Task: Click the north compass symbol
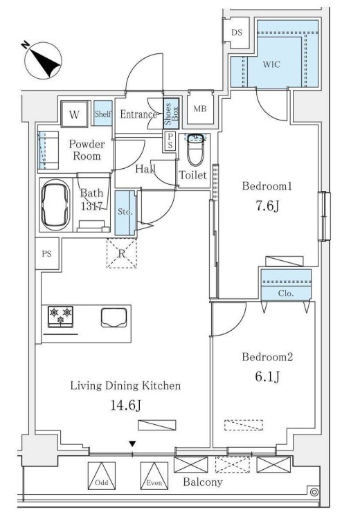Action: pyautogui.click(x=43, y=61)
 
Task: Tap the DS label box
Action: pyautogui.click(x=237, y=33)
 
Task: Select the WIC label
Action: pyautogui.click(x=271, y=64)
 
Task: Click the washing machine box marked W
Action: pyautogui.click(x=75, y=114)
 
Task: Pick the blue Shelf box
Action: pyautogui.click(x=102, y=113)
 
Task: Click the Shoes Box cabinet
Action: pyautogui.click(x=172, y=113)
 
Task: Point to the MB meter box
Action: pyautogui.click(x=199, y=108)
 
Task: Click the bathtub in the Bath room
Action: pyautogui.click(x=55, y=206)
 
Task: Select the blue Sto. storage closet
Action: pyautogui.click(x=125, y=213)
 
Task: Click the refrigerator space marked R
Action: pyautogui.click(x=122, y=253)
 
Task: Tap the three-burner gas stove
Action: pyautogui.click(x=61, y=316)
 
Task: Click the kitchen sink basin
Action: pyautogui.click(x=114, y=317)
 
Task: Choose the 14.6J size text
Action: pyautogui.click(x=126, y=405)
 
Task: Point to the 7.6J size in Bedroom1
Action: pyautogui.click(x=267, y=206)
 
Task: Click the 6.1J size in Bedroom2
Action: pyautogui.click(x=267, y=376)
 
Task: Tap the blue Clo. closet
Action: pyautogui.click(x=286, y=285)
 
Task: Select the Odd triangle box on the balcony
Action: pyautogui.click(x=102, y=475)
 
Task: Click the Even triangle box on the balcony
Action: pyautogui.click(x=154, y=475)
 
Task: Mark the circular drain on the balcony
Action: pyautogui.click(x=314, y=492)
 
